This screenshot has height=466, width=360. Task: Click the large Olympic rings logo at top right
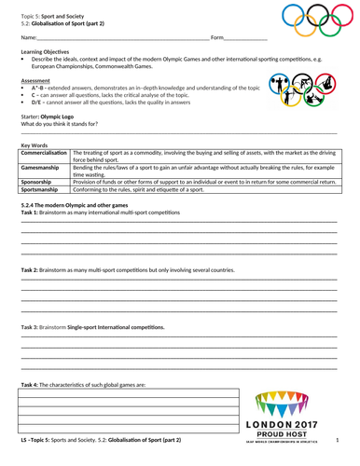313,21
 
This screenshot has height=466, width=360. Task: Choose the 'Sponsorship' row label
38,183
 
